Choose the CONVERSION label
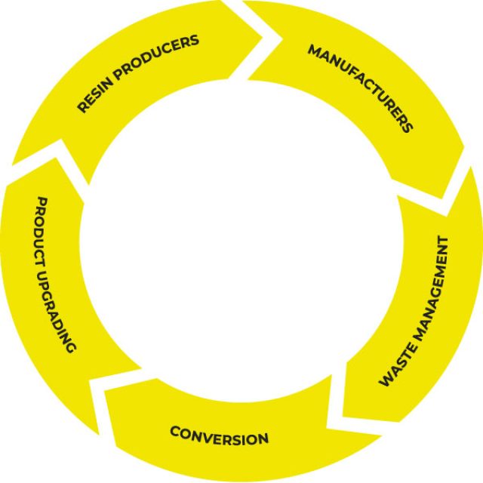tap(219, 435)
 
